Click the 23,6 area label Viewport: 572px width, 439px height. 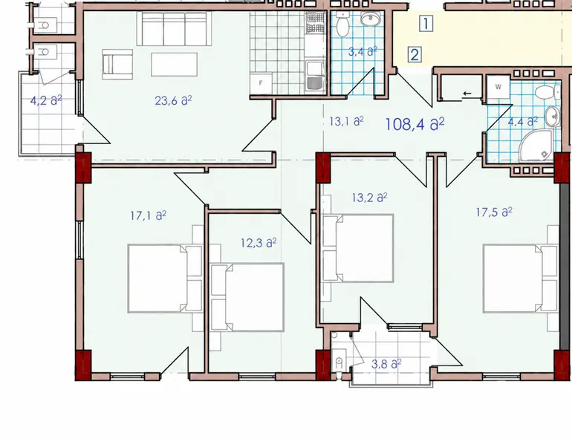(173, 100)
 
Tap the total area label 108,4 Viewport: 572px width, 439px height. (415, 125)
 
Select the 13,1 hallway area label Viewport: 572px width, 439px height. (346, 121)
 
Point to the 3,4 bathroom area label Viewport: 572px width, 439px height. (363, 51)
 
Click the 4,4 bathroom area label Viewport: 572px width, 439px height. (523, 122)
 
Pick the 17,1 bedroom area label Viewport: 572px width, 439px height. (148, 215)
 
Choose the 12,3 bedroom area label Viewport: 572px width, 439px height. (259, 243)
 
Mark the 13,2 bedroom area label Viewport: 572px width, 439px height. (369, 198)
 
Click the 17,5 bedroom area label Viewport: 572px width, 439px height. (494, 212)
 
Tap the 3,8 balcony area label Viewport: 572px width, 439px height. (386, 364)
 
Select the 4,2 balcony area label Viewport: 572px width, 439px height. (46, 100)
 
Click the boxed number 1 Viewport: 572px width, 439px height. (426, 23)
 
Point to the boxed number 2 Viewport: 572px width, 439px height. (415, 55)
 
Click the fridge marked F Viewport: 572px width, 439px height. (261, 83)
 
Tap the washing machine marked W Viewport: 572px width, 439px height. (498, 87)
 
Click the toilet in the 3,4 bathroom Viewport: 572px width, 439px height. (343, 24)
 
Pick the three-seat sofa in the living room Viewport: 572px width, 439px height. (174, 29)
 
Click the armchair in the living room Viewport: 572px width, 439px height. (117, 64)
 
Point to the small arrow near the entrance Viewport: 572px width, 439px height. (467, 94)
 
